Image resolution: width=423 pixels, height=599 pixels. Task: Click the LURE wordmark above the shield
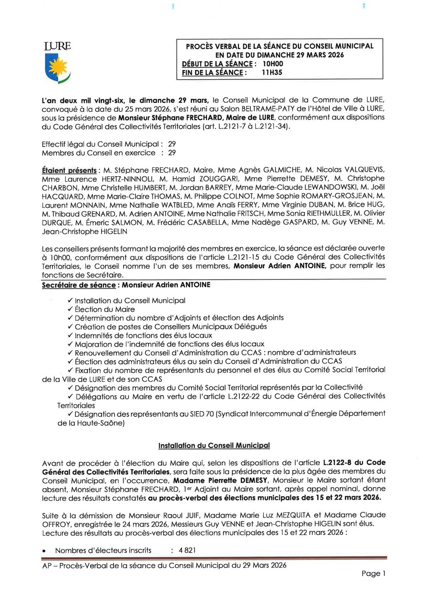pos(58,46)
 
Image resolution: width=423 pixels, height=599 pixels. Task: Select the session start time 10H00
pos(273,64)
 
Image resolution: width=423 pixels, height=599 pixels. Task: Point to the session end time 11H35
pos(272,72)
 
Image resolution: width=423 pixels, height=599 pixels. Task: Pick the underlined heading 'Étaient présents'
pos(69,170)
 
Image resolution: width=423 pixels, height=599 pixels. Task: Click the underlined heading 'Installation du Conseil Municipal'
pos(214,446)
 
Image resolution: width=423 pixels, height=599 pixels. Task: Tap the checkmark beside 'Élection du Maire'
pos(70,309)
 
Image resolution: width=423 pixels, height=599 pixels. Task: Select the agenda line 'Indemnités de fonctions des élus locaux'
pos(143,336)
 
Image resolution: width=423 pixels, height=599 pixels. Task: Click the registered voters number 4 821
pos(187,550)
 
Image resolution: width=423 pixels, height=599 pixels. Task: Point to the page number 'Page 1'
pos(373,573)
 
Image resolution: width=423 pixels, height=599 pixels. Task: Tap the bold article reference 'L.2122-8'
pos(337,463)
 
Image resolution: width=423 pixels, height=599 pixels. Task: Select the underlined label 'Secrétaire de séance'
pos(79,285)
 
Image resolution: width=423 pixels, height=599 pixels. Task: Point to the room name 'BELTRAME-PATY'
pos(265,109)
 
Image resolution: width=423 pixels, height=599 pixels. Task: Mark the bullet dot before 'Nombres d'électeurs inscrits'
pos(44,551)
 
